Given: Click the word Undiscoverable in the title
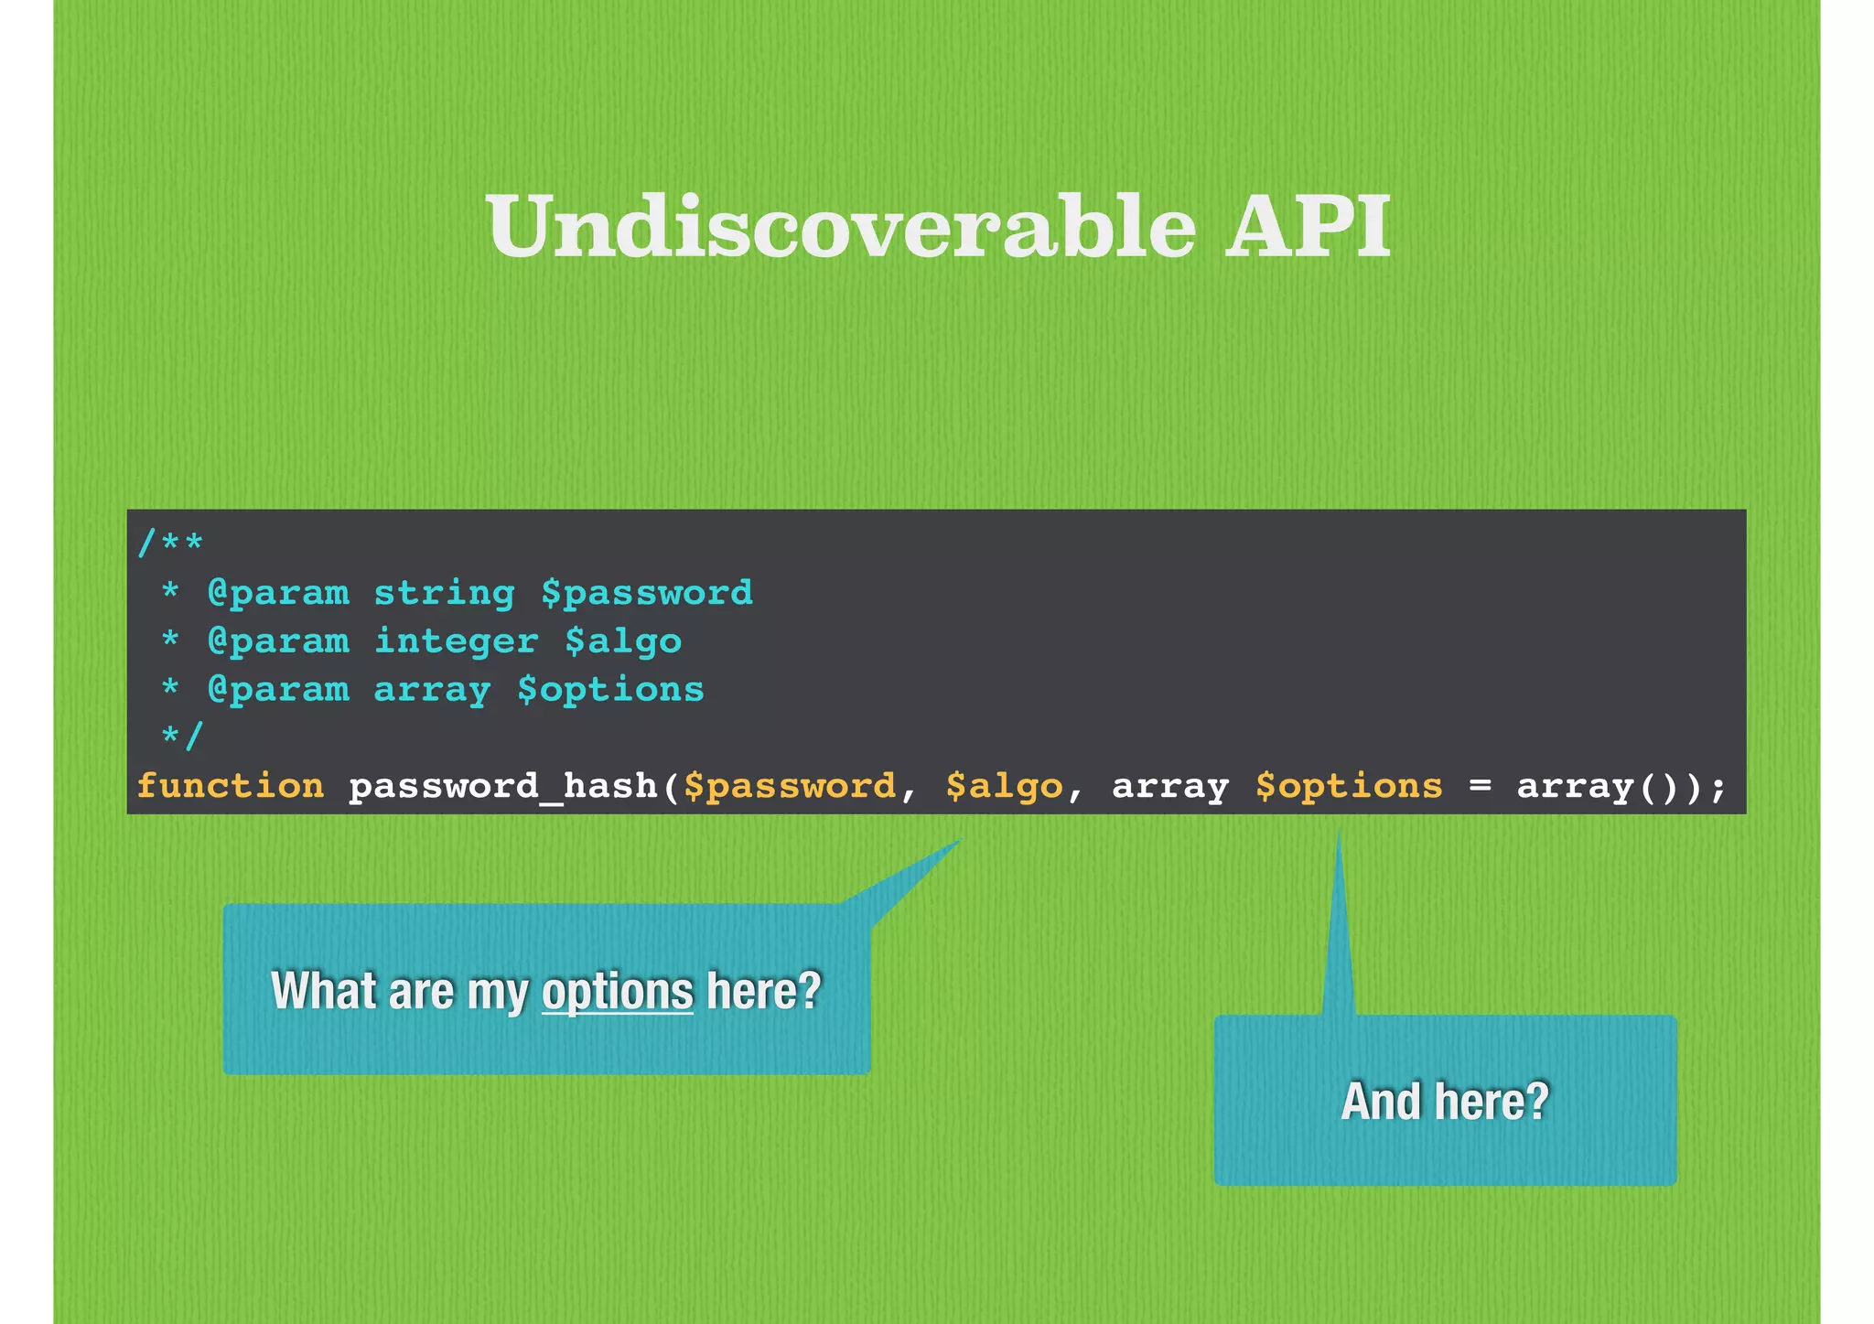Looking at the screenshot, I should (x=841, y=226).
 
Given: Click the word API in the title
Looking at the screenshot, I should (x=1308, y=226).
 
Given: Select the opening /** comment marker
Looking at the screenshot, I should (x=170, y=544).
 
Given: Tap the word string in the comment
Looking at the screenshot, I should (x=444, y=593).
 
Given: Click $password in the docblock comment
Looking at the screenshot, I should (x=646, y=593).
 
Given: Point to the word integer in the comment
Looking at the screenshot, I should (x=456, y=641).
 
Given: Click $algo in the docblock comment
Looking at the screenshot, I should (x=622, y=641).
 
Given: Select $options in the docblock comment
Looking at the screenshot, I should (x=610, y=690).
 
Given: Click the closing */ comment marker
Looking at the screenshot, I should (x=181, y=737).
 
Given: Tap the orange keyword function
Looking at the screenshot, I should (x=230, y=786).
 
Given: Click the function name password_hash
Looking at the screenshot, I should (x=502, y=786).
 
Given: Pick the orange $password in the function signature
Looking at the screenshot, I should (x=789, y=786).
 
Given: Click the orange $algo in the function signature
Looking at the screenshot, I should (x=1004, y=786).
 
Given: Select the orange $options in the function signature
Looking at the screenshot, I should (x=1348, y=786).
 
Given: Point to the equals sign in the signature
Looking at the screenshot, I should (x=1480, y=786).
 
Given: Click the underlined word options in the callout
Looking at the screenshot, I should (x=618, y=991).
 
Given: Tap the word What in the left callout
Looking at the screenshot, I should (x=323, y=991).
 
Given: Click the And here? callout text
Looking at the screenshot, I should (x=1445, y=1101).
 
